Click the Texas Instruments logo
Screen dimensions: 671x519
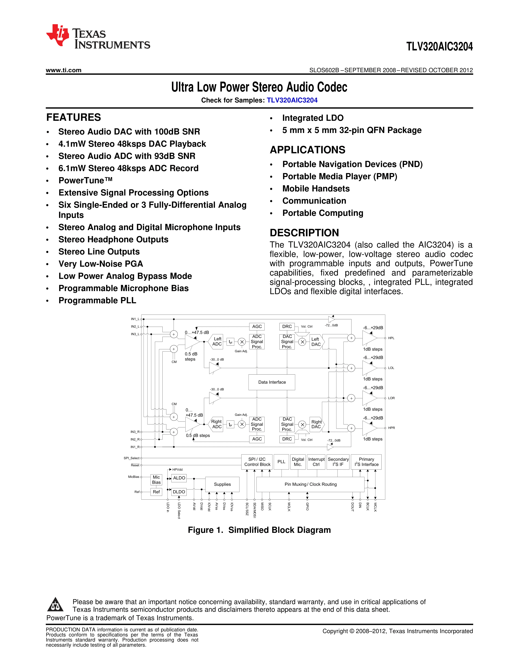point(98,36)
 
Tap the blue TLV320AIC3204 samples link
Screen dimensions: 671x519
point(292,100)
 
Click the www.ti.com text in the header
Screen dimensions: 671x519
point(64,70)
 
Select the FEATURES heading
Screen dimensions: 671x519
point(73,117)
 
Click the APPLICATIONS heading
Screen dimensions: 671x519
point(308,150)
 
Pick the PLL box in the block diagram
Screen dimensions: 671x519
point(281,462)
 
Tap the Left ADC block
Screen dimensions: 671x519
point(217,341)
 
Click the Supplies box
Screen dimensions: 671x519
point(222,484)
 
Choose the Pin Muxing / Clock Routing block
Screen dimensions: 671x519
point(310,484)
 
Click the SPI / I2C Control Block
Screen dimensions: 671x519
point(257,462)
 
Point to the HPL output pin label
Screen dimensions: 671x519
point(391,338)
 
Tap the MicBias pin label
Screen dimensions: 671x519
point(134,477)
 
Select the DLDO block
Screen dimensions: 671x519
point(179,492)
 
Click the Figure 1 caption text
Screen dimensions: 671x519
point(259,530)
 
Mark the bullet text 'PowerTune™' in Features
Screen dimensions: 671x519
point(85,180)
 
